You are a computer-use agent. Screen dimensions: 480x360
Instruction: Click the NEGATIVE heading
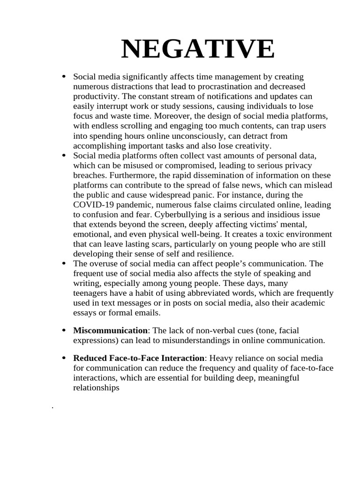coord(198,49)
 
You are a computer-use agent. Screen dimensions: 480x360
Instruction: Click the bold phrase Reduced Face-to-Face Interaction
coord(139,358)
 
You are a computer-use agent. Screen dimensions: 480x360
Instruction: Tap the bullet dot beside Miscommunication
coord(63,330)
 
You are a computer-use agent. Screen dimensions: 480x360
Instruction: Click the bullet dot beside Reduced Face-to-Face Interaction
coord(63,358)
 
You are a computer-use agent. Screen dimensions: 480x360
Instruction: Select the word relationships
coord(96,388)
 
